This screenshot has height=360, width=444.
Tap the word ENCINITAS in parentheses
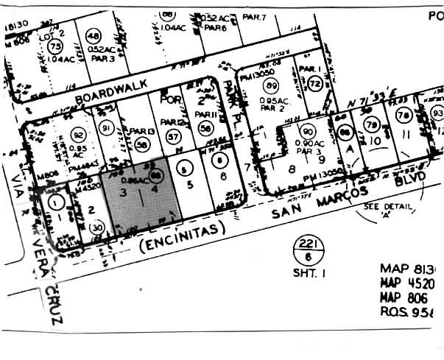(180, 232)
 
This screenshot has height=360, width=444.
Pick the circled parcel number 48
(93, 36)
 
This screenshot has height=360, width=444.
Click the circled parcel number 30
(96, 229)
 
